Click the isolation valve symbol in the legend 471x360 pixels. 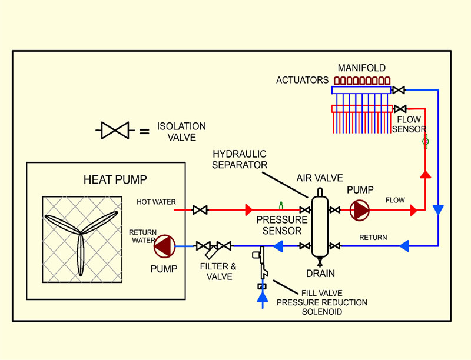point(114,131)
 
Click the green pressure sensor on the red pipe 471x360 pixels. point(281,205)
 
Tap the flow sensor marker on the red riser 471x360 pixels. point(425,141)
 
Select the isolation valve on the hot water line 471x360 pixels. point(200,209)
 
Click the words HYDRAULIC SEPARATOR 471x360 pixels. point(240,159)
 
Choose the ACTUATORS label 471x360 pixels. point(303,80)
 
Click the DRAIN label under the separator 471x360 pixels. point(320,274)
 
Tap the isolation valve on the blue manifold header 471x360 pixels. point(399,90)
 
